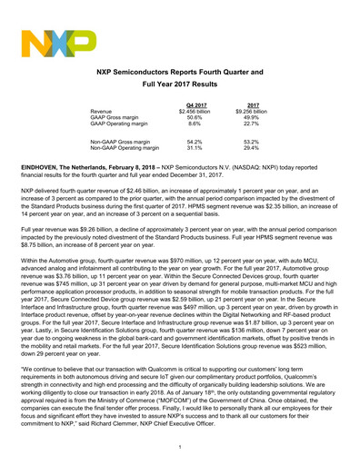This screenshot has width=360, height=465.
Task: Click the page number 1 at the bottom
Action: [180, 446]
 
